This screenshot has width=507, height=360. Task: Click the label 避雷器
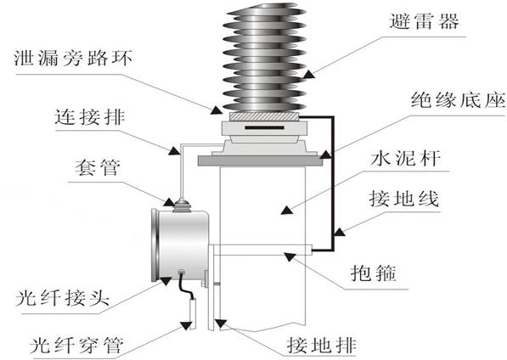(425, 21)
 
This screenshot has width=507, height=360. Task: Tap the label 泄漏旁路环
(73, 59)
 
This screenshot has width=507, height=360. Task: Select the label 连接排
(89, 116)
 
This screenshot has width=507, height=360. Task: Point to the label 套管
(98, 167)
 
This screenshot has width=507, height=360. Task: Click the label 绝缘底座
(459, 99)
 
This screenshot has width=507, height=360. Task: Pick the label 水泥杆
(405, 158)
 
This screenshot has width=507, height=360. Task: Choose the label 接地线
(404, 198)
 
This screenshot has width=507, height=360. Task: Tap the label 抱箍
(374, 273)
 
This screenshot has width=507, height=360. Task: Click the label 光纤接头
(62, 297)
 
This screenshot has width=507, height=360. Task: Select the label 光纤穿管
(76, 345)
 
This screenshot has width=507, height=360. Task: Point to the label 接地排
(322, 345)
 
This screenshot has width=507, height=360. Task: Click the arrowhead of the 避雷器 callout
(309, 74)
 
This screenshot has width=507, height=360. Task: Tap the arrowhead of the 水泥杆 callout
(286, 210)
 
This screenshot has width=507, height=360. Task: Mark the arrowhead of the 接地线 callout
(339, 232)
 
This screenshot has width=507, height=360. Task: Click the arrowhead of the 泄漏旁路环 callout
(217, 110)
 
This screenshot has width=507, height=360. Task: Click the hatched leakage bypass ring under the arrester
(264, 116)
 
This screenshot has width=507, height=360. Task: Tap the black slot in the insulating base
(264, 127)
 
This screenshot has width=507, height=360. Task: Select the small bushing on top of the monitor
(182, 205)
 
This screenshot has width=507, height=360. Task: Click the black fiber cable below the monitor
(186, 284)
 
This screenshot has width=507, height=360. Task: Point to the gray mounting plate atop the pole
(260, 160)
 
